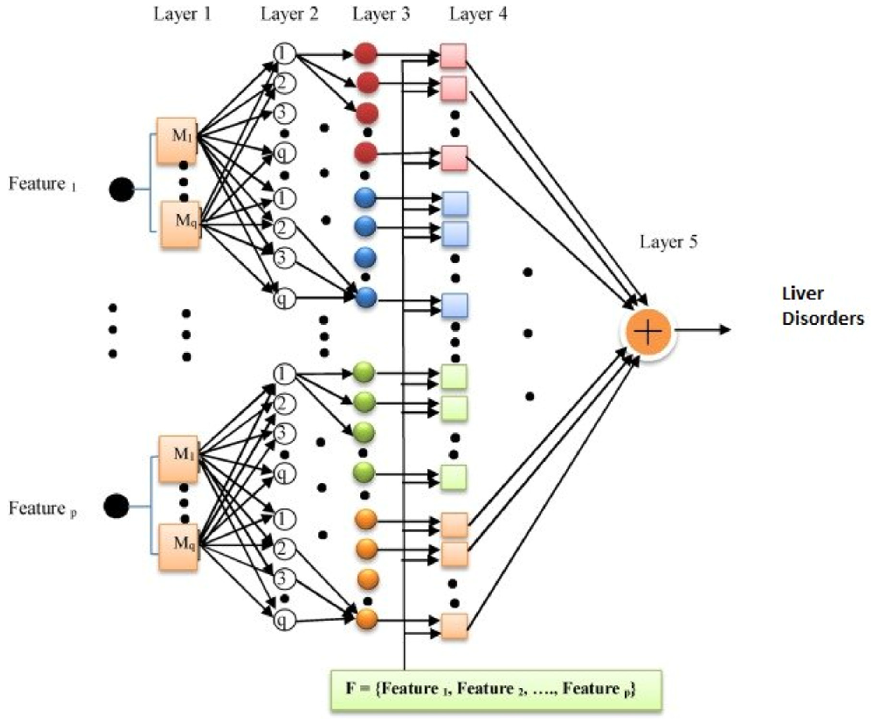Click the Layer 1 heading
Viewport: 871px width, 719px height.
click(182, 14)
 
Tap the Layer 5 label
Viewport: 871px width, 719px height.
click(668, 242)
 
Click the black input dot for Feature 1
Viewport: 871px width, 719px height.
click(121, 189)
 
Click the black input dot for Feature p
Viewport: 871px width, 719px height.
click(116, 506)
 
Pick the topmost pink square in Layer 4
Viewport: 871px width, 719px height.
click(453, 56)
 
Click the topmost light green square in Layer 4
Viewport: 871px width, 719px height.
click(454, 377)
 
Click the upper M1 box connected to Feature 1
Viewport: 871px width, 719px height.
click(177, 140)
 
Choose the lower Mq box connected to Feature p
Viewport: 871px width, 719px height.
click(178, 547)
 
